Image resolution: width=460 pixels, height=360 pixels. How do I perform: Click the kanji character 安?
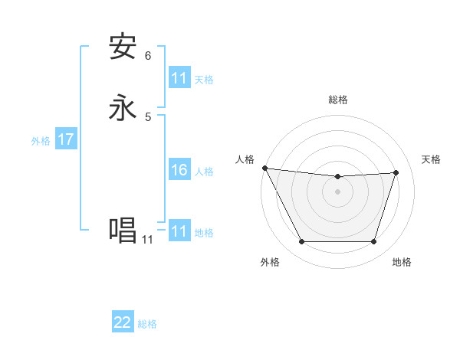point(123,47)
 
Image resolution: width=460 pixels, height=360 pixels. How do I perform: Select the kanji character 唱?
point(123,231)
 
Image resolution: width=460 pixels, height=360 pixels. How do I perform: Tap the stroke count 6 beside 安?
point(148,56)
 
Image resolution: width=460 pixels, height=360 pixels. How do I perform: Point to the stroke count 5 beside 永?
point(148,117)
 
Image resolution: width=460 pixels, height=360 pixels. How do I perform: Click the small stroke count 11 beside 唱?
point(147,240)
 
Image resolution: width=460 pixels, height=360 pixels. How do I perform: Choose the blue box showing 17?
point(65,140)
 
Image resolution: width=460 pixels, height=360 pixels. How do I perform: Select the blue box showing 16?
point(179,170)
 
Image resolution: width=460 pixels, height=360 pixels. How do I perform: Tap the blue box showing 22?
point(123,322)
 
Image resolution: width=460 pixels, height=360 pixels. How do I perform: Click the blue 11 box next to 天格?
point(179,78)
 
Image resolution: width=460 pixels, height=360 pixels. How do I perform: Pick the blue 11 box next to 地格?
point(179,231)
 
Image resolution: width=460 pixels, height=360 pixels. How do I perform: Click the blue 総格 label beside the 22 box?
point(147,324)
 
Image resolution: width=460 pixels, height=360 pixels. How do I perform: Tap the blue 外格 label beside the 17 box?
point(41,141)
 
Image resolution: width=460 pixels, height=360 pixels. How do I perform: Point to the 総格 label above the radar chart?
point(337,100)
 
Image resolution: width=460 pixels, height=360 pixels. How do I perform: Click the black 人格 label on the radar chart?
point(245,159)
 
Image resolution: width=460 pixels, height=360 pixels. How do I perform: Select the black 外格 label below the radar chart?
point(270,263)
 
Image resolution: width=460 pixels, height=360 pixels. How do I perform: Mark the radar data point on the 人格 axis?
point(264,168)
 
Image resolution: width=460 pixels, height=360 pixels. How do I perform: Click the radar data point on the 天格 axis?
point(396,173)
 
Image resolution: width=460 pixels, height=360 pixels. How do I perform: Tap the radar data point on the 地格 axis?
point(373,242)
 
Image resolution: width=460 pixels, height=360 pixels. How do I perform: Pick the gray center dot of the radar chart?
point(337,192)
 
